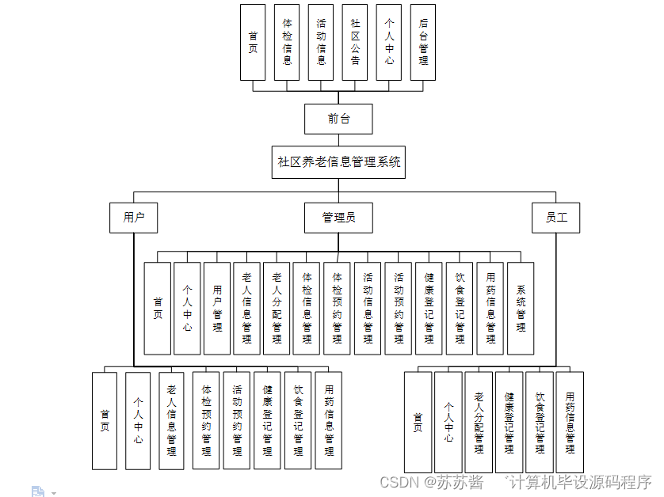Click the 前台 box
[338, 119]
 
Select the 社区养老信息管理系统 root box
[338, 162]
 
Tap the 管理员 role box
[338, 218]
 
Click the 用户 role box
[134, 218]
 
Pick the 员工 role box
[556, 218]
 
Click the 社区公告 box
[355, 42]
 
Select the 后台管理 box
[423, 42]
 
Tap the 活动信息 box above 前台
[321, 42]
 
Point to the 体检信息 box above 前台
[287, 42]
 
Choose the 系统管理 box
[521, 308]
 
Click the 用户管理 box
[217, 308]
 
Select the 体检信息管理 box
[307, 308]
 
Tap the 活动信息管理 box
[368, 308]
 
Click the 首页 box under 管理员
[158, 308]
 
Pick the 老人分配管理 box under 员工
[479, 422]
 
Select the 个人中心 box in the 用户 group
[138, 421]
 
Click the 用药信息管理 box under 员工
[570, 422]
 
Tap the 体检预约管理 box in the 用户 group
[206, 421]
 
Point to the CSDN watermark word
[399, 482]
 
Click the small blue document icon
[38, 491]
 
